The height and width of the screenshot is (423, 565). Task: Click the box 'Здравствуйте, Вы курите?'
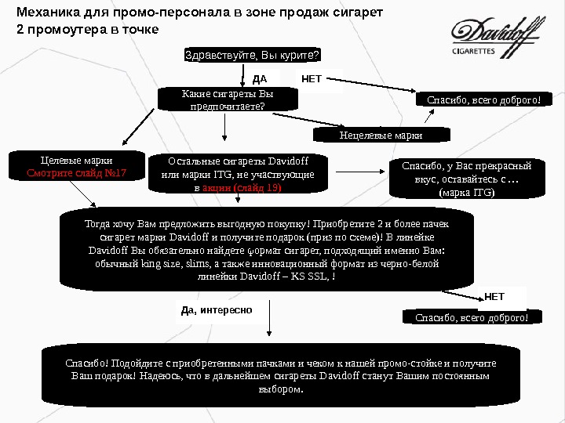252,55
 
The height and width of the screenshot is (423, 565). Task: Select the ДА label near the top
261,79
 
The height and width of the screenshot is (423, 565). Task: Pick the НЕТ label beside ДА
312,78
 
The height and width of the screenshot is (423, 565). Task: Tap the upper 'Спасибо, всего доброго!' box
483,100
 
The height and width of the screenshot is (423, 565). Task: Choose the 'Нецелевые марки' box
381,135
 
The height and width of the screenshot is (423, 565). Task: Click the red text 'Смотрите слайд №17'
77,172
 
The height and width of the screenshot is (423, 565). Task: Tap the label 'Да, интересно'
217,310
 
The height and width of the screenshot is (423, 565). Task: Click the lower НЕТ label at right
494,297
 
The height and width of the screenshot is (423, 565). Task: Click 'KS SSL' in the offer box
312,277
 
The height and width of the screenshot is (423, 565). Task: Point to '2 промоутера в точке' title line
87,29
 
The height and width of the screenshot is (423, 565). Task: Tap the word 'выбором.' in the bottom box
280,389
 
